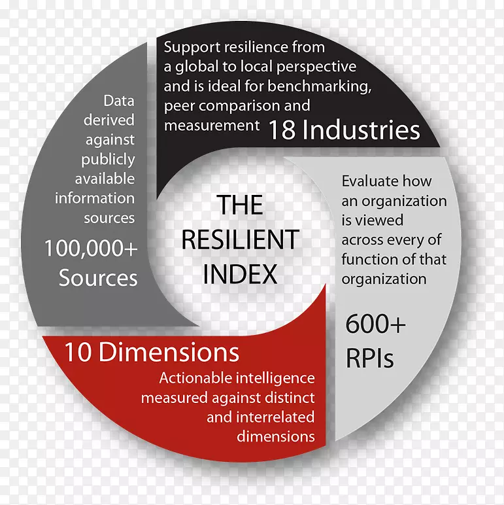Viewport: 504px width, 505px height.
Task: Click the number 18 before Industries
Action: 282,130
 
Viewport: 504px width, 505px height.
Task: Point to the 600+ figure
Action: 375,325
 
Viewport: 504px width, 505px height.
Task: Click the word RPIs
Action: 370,359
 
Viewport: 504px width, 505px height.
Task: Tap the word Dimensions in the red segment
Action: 169,353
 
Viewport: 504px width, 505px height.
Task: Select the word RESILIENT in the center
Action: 240,239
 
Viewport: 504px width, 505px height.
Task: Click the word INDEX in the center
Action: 240,274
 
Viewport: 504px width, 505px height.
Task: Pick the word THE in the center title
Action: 240,205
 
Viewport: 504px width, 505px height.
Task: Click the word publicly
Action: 109,160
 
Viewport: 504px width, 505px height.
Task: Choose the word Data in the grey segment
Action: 119,101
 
